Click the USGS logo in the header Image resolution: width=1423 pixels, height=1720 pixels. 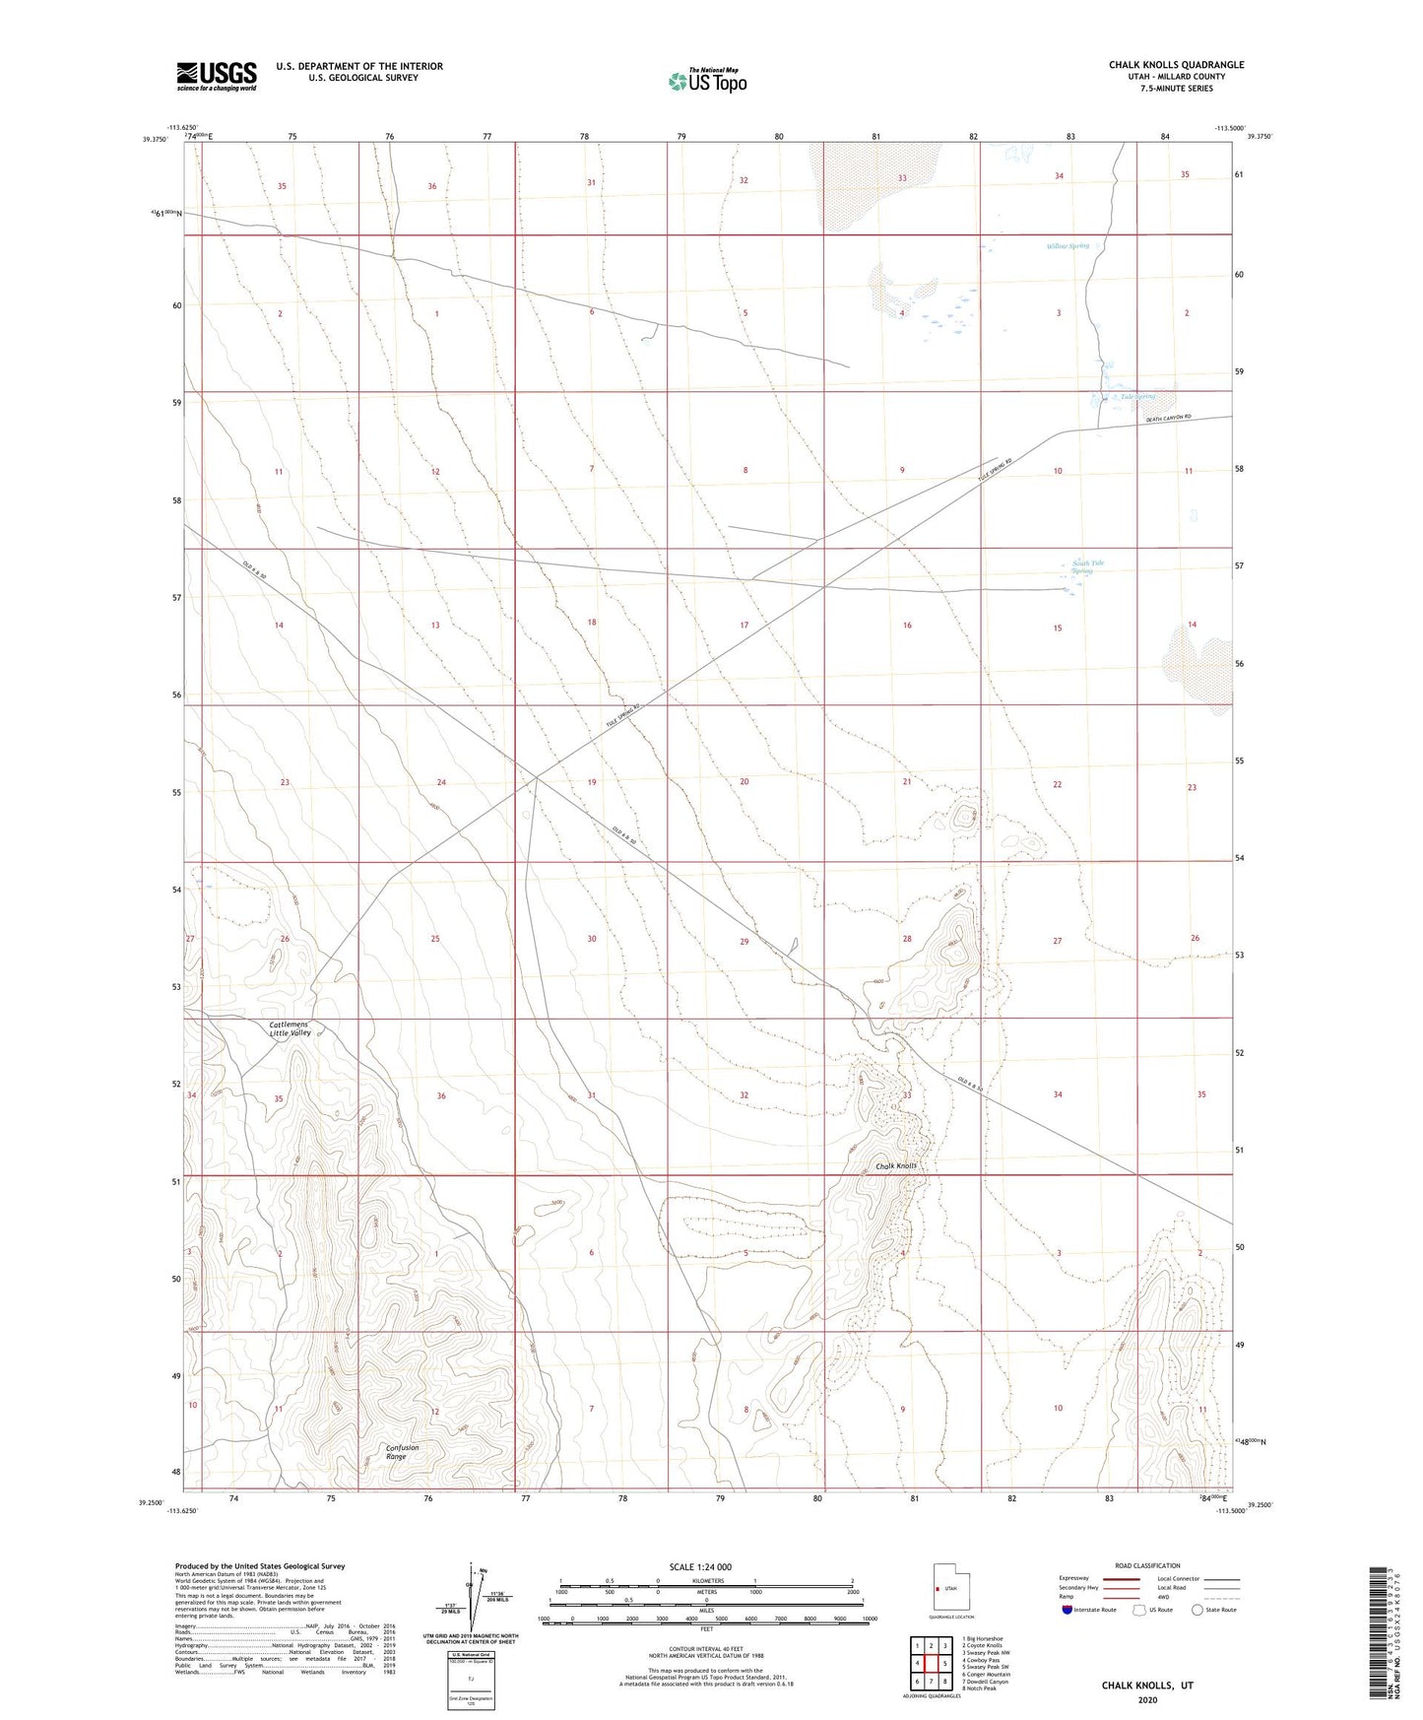[x=217, y=76]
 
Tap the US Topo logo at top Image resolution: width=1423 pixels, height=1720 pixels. [x=706, y=81]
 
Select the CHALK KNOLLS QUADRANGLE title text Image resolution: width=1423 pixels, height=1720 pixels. [x=1176, y=65]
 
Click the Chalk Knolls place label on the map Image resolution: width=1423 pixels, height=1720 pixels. [x=896, y=1166]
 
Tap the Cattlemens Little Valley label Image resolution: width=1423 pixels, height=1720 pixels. [x=291, y=1028]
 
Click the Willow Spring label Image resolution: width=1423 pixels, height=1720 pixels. [x=1067, y=246]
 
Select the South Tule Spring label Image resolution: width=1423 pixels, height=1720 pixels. [x=1087, y=567]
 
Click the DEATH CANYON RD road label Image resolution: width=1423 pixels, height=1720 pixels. [x=1169, y=420]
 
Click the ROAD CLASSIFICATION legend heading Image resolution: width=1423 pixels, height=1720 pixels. [x=1147, y=1565]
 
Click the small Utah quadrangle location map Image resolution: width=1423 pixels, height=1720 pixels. [x=950, y=1587]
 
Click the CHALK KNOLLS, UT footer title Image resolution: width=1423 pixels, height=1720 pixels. [x=1147, y=1686]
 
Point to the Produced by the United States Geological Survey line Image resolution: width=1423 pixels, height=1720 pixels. [x=260, y=1565]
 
